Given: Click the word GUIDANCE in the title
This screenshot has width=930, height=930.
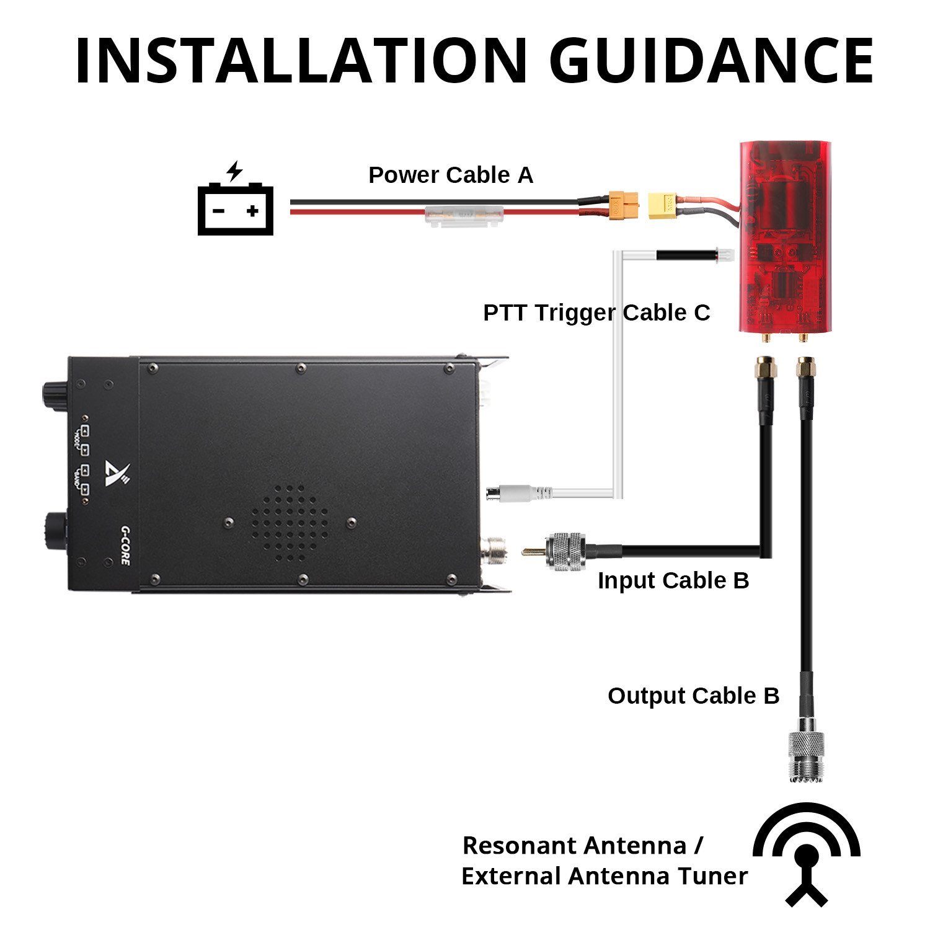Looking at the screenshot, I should coord(711,60).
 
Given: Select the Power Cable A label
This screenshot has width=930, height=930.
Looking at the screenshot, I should coord(451,175).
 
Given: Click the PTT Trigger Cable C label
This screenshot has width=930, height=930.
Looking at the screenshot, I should coord(596,313).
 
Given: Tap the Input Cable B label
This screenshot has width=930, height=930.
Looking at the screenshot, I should coord(673,581).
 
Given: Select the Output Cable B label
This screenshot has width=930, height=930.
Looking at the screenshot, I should coord(693,696).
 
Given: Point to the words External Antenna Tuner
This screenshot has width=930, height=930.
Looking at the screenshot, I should coord(604,877).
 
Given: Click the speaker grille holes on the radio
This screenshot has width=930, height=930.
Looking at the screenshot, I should coord(290,523).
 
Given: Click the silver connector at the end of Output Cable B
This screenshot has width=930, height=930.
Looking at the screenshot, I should coord(806,753).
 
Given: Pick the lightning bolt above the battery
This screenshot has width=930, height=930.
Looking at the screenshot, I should coord(234,170).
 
